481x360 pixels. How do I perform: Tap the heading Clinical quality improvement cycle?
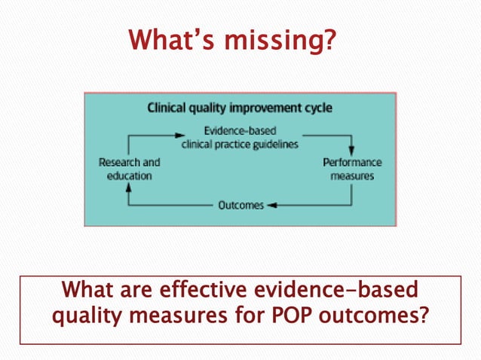pyautogui.click(x=239, y=108)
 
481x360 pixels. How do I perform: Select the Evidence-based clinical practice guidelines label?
pyautogui.click(x=240, y=137)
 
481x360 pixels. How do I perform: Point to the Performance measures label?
pyautogui.click(x=352, y=169)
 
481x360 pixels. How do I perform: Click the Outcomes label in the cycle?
pyautogui.click(x=240, y=205)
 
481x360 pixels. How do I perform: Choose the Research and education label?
pyautogui.click(x=130, y=169)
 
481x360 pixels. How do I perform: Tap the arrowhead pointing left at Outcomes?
pyautogui.click(x=272, y=205)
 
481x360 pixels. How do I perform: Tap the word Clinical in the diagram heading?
pyautogui.click(x=170, y=108)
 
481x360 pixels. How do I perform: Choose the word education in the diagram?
pyautogui.click(x=129, y=175)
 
